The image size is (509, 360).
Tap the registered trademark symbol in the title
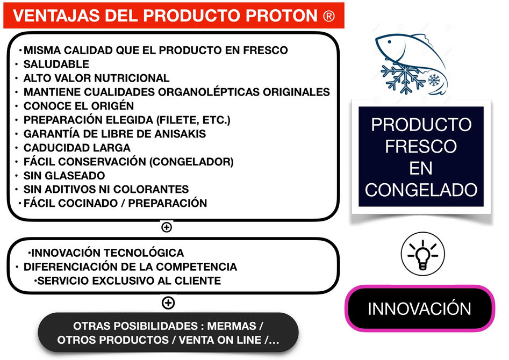(329, 16)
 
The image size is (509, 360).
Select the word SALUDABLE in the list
(56, 64)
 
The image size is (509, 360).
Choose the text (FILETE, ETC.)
(193, 120)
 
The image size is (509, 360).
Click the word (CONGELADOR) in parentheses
(191, 162)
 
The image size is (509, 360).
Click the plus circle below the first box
(167, 227)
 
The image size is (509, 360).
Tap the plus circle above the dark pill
(168, 303)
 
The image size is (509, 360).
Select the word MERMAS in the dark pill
(232, 326)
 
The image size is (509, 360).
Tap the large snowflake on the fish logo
(403, 77)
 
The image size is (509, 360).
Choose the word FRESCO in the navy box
(421, 146)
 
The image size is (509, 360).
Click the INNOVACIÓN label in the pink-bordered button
(419, 309)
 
